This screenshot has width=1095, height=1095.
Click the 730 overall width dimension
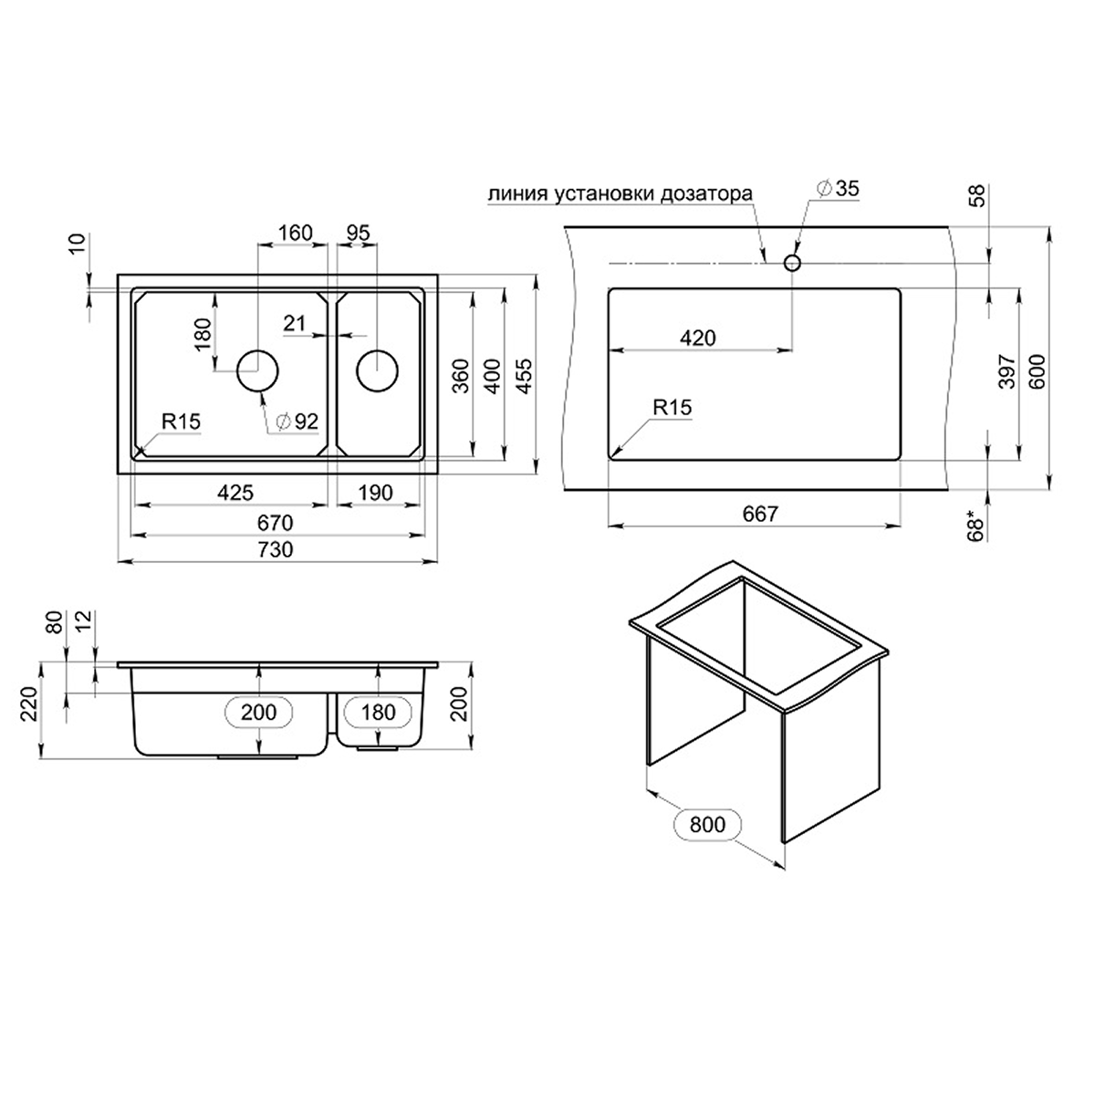click(275, 549)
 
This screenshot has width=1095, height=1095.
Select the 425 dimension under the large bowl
click(235, 493)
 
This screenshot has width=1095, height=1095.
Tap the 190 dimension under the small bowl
click(374, 493)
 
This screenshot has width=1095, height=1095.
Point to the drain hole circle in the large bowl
click(258, 370)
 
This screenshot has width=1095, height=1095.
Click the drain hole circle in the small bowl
click(377, 370)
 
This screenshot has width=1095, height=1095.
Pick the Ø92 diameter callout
click(296, 421)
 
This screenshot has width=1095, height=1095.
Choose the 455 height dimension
click(526, 374)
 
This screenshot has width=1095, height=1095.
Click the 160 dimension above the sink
click(295, 233)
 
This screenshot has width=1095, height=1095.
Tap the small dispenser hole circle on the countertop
click(792, 263)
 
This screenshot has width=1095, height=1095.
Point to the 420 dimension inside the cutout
click(698, 338)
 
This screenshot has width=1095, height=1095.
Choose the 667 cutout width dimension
click(759, 514)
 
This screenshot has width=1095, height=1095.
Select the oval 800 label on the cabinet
click(707, 825)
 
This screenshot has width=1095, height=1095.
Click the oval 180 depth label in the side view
click(378, 711)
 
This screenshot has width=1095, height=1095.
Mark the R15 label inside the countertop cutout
click(673, 408)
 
